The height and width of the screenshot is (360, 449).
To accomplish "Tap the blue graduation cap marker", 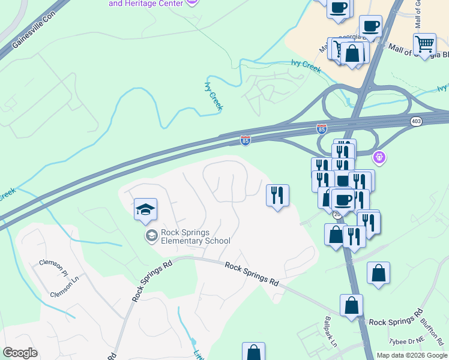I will click(x=145, y=210).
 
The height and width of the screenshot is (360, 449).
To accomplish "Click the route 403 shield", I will click(x=416, y=122).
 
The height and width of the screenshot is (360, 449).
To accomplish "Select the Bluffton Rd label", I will click(x=432, y=327).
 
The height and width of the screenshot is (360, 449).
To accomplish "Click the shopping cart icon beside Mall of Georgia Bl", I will click(x=424, y=44).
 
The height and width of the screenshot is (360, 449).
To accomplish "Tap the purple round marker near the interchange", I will click(x=379, y=158).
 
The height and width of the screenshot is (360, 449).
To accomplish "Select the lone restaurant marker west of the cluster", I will click(x=277, y=196).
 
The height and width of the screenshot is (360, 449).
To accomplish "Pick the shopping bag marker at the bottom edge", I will click(x=253, y=352).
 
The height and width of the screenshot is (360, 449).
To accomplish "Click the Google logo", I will click(x=20, y=353).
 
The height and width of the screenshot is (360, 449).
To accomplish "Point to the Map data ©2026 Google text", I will click(x=412, y=355).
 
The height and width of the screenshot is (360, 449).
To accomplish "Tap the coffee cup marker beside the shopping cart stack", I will click(x=370, y=27).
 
